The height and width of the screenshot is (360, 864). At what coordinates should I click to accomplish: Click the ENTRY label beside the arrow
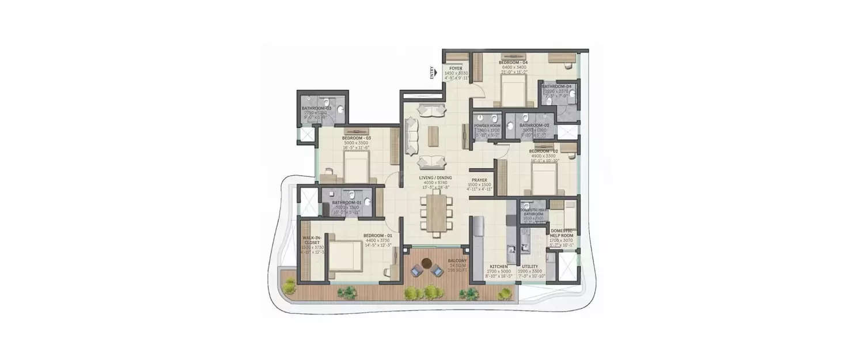click(x=432, y=73)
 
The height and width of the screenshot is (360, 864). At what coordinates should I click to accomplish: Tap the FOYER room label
click(x=456, y=69)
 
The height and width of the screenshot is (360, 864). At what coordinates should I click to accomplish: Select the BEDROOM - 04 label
click(x=513, y=62)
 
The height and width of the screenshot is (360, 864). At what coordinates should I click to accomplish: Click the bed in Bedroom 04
click(x=512, y=92)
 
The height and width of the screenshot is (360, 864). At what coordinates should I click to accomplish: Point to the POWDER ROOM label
click(x=487, y=126)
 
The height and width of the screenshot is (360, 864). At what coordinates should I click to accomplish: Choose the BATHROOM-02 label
click(x=533, y=125)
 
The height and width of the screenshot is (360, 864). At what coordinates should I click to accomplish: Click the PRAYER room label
click(x=479, y=180)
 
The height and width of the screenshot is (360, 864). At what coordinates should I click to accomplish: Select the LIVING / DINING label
click(x=436, y=178)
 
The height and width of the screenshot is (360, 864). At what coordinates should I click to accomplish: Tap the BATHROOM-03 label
click(x=317, y=108)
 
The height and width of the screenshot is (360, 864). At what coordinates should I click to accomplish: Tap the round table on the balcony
click(x=426, y=264)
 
